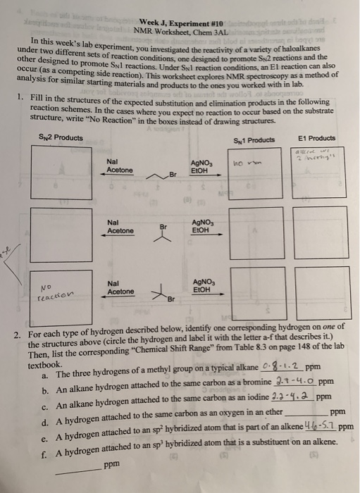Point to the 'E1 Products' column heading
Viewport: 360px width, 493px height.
point(321,139)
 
